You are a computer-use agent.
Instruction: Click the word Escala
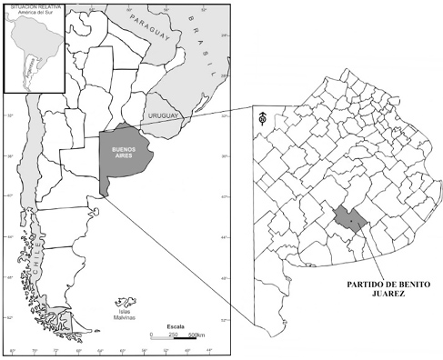175,324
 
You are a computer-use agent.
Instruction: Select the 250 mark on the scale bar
171,334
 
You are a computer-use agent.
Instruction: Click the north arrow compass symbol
262,116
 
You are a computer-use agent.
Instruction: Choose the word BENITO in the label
399,283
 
